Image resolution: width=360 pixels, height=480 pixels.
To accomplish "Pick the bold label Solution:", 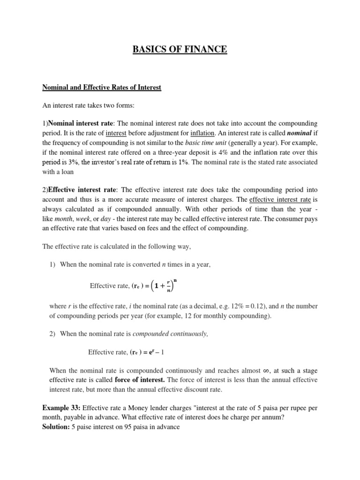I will point(57,427).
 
